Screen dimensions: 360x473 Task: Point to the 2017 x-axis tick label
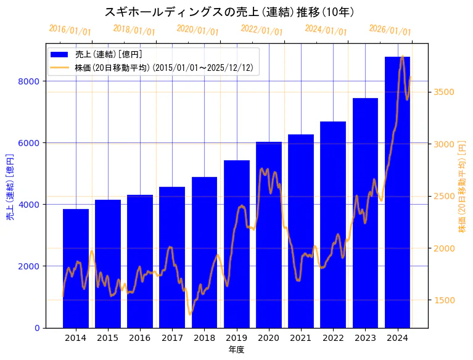(172, 337)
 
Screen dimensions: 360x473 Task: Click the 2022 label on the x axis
(333, 337)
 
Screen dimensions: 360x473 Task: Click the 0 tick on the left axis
(36, 328)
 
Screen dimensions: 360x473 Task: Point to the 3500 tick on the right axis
(444, 92)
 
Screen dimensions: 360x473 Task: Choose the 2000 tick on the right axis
(444, 248)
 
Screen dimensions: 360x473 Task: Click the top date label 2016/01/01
(70, 30)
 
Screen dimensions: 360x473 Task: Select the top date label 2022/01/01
(262, 30)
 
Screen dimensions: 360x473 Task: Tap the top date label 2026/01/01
(390, 30)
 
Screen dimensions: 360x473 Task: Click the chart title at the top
(229, 12)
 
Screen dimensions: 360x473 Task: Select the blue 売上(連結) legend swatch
(60, 54)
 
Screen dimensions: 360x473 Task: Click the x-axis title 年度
(236, 350)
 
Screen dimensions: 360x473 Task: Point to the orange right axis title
(462, 186)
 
